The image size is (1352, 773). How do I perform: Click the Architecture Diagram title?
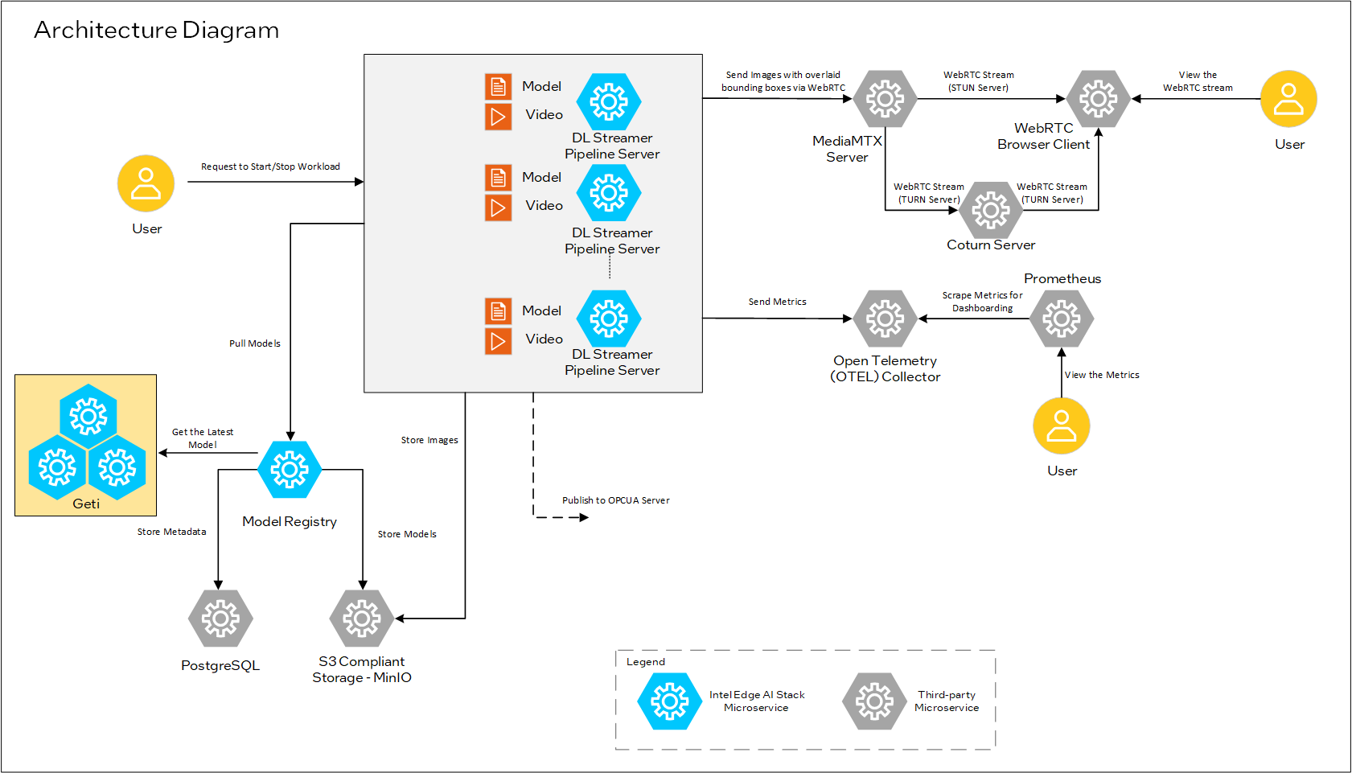coord(156,30)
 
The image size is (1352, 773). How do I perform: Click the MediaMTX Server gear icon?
coord(885,99)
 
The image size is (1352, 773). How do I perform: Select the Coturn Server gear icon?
coord(990,211)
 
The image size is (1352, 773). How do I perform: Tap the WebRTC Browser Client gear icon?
coord(1098,99)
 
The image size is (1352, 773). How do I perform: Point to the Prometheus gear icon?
coord(1061,319)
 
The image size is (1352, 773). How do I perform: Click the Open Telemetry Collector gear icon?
coord(885,319)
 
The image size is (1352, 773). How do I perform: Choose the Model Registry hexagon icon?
coord(290,469)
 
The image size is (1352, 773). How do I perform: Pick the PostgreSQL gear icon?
coord(220,619)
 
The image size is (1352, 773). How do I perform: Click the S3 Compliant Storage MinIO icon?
coord(362,619)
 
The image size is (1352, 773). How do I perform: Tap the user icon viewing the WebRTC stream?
coord(1288,99)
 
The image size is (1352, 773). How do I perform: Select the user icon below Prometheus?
coord(1061,426)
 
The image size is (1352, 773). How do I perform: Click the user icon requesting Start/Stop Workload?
coord(146,183)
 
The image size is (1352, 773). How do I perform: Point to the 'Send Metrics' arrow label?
coord(777,302)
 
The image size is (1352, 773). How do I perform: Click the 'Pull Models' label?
coord(254,343)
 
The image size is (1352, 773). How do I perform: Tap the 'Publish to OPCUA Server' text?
coord(615,500)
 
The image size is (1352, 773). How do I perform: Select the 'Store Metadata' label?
coord(171,532)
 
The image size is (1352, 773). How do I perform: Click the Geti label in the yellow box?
coord(86,504)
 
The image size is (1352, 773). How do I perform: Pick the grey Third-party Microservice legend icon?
coord(874,701)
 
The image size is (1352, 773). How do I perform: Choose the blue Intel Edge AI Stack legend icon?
coord(669,701)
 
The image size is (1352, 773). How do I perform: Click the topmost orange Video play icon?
coord(498,117)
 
